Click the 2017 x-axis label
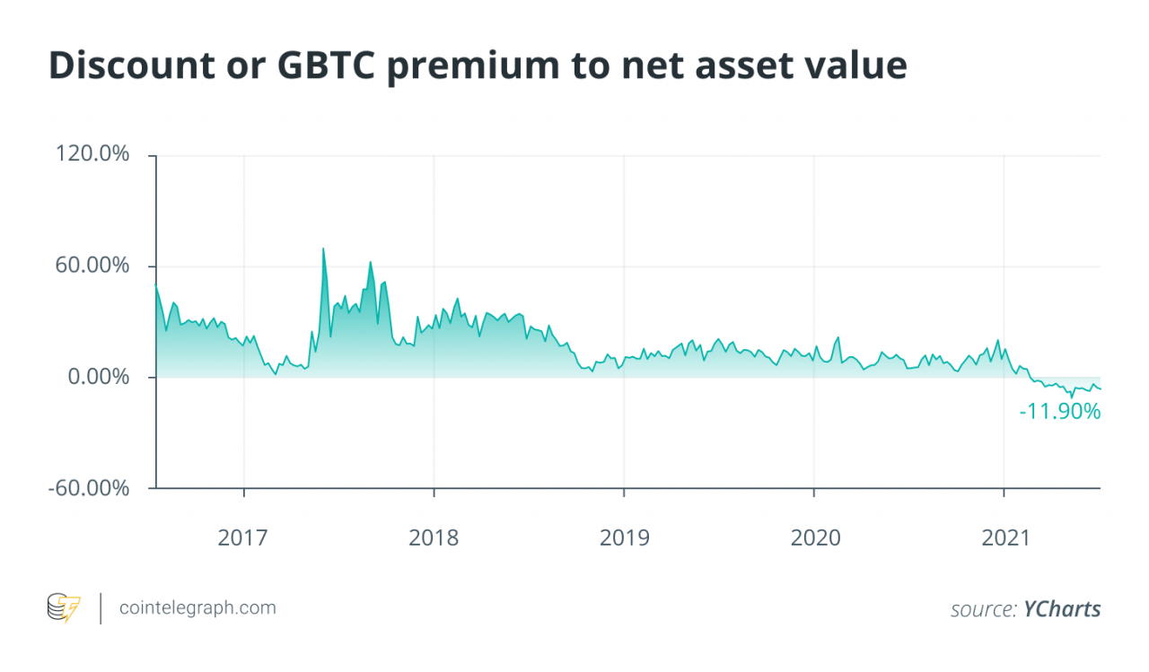click(243, 538)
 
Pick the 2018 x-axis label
click(434, 538)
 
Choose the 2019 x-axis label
click(624, 538)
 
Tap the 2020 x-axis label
click(814, 538)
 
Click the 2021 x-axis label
click(1004, 538)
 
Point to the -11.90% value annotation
click(1060, 412)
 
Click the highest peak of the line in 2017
click(323, 249)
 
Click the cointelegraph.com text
click(198, 607)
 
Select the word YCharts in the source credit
click(1062, 609)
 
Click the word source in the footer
click(984, 609)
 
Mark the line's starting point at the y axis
click(156, 285)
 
